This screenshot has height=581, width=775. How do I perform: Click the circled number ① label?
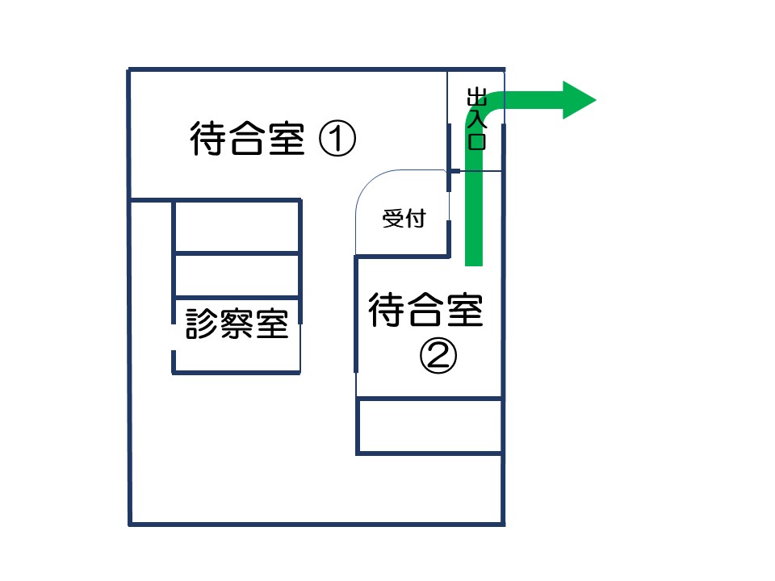pos(337,139)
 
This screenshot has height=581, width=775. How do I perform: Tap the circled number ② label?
pos(438,355)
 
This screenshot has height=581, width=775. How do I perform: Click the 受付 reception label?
pos(404,219)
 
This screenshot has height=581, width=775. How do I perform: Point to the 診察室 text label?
pos(237,324)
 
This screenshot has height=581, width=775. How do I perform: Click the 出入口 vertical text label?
pos(477,119)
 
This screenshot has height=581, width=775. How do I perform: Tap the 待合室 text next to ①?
pos(247,138)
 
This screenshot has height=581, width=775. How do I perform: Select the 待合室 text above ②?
pos(425,310)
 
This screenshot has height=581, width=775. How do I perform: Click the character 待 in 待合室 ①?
pos(208,138)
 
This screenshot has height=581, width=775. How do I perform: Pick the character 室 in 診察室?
pos(272,324)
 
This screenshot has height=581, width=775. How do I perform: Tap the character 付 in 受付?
pos(416,219)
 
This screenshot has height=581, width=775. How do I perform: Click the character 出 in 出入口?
pos(477,97)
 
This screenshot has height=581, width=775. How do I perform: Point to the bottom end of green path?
pos(474,265)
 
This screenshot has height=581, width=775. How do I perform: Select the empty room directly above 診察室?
pos(237,275)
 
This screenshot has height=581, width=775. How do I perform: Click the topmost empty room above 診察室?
pos(237,226)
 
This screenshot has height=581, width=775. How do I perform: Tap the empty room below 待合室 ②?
pos(429,425)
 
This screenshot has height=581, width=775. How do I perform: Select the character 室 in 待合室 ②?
pos(465,310)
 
